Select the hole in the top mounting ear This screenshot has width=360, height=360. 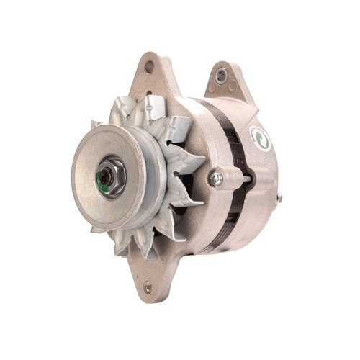150,67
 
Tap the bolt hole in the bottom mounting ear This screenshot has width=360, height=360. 148,288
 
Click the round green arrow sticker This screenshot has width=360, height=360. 261,138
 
